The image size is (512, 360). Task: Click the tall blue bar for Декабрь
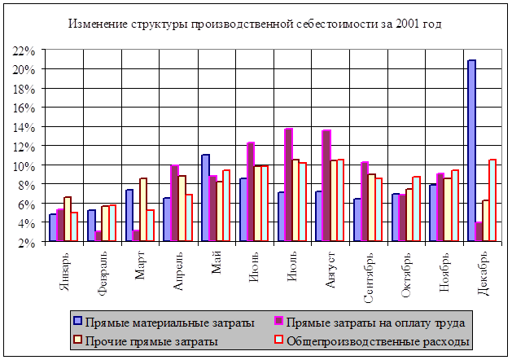tap(471, 151)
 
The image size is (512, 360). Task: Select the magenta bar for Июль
tap(288, 185)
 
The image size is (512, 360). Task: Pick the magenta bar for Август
tap(326, 186)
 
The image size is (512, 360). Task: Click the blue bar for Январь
tap(53, 228)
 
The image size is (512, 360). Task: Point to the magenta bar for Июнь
tap(251, 192)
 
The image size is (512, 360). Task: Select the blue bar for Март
tap(129, 216)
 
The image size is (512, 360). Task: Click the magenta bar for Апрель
tap(174, 203)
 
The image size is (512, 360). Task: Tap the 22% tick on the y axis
tap(24, 50)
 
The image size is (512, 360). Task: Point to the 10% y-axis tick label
tap(24, 165)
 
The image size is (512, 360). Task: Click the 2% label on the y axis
tap(27, 242)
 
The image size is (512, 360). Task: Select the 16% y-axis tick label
tap(24, 108)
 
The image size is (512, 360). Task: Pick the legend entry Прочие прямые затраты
tap(151, 340)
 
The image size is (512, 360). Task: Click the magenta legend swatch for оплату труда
tap(279, 323)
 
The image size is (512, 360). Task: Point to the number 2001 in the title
tap(408, 24)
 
